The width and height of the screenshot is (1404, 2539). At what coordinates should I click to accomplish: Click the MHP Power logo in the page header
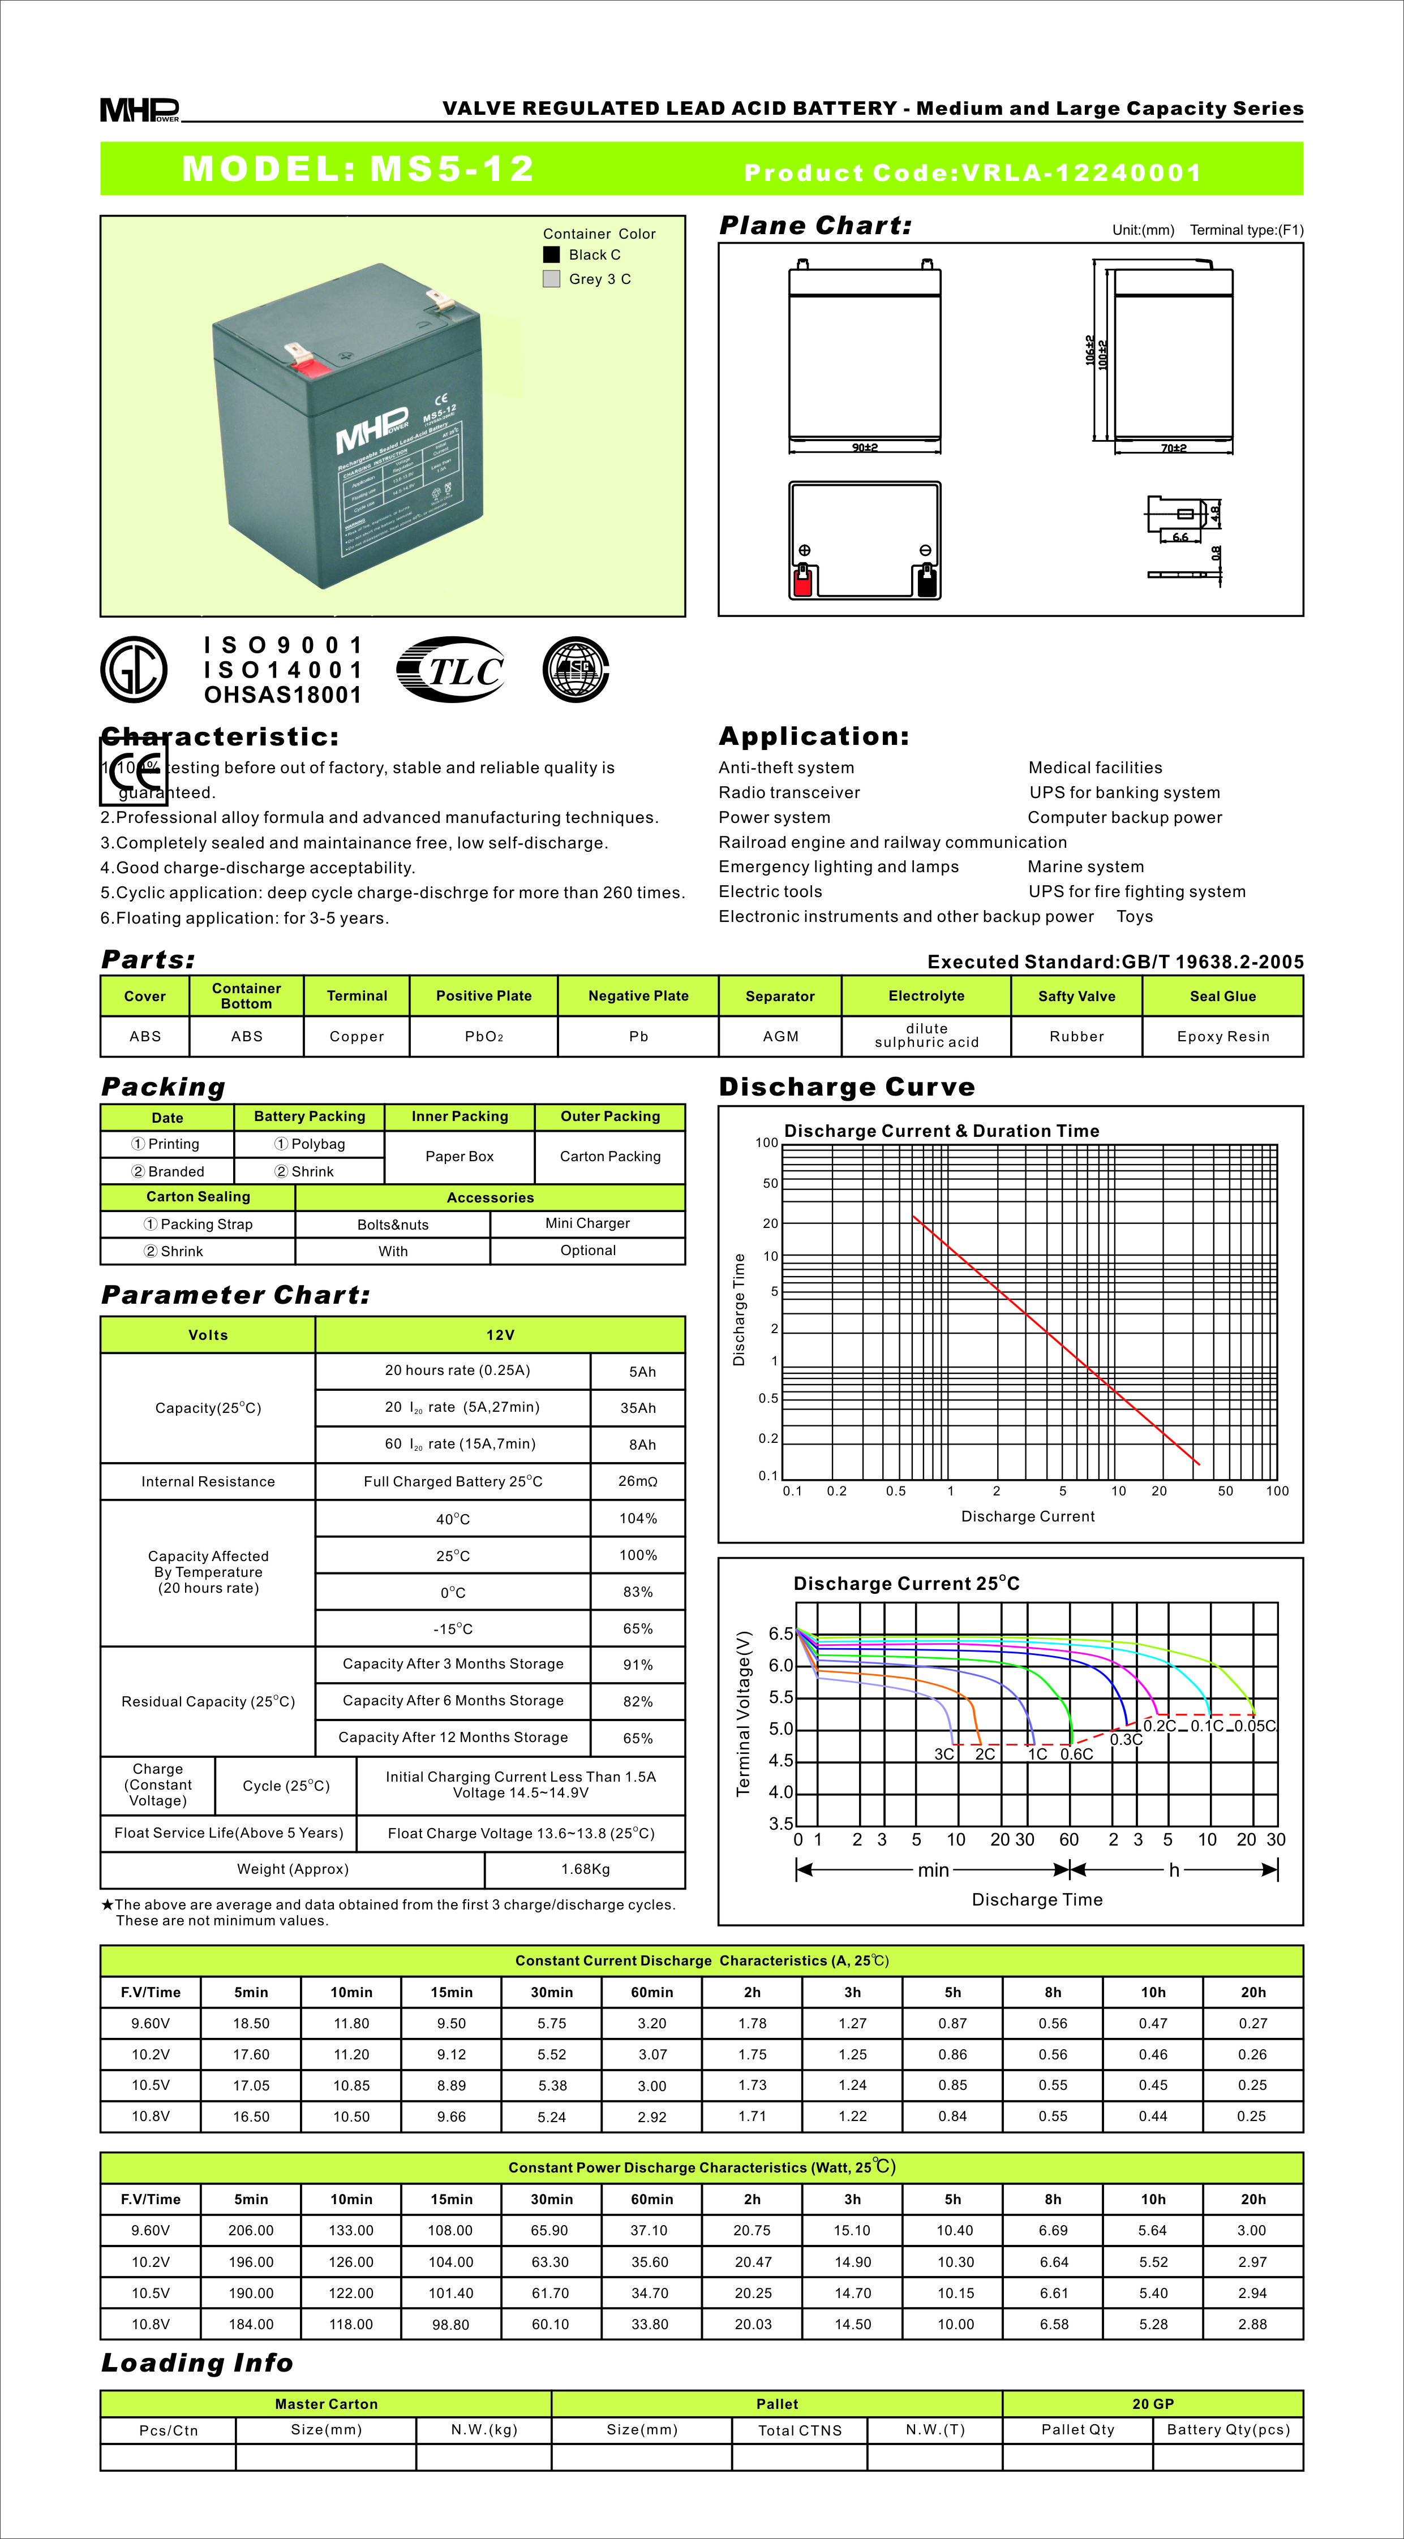(139, 109)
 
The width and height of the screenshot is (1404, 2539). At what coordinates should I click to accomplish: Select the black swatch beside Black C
(551, 255)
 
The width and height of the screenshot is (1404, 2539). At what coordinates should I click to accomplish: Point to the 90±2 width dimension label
(865, 447)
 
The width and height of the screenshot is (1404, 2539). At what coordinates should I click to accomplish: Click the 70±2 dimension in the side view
(1173, 449)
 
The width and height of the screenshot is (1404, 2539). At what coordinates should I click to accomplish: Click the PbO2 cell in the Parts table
(483, 1036)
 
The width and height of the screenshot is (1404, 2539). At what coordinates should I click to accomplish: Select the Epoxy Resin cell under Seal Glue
(1222, 1036)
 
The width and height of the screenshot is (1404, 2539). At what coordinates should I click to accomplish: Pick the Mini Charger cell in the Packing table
(587, 1223)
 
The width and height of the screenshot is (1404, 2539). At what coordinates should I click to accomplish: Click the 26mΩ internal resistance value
(638, 1481)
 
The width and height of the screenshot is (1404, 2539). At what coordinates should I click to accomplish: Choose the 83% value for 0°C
(638, 1592)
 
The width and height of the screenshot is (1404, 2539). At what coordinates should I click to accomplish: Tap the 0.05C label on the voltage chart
(1256, 1726)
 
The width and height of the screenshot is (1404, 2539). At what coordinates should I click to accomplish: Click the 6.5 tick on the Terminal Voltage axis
(781, 1634)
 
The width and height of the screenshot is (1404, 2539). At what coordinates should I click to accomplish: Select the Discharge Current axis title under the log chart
(1027, 1516)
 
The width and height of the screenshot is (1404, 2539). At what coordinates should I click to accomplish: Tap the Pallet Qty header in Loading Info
(1077, 2430)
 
